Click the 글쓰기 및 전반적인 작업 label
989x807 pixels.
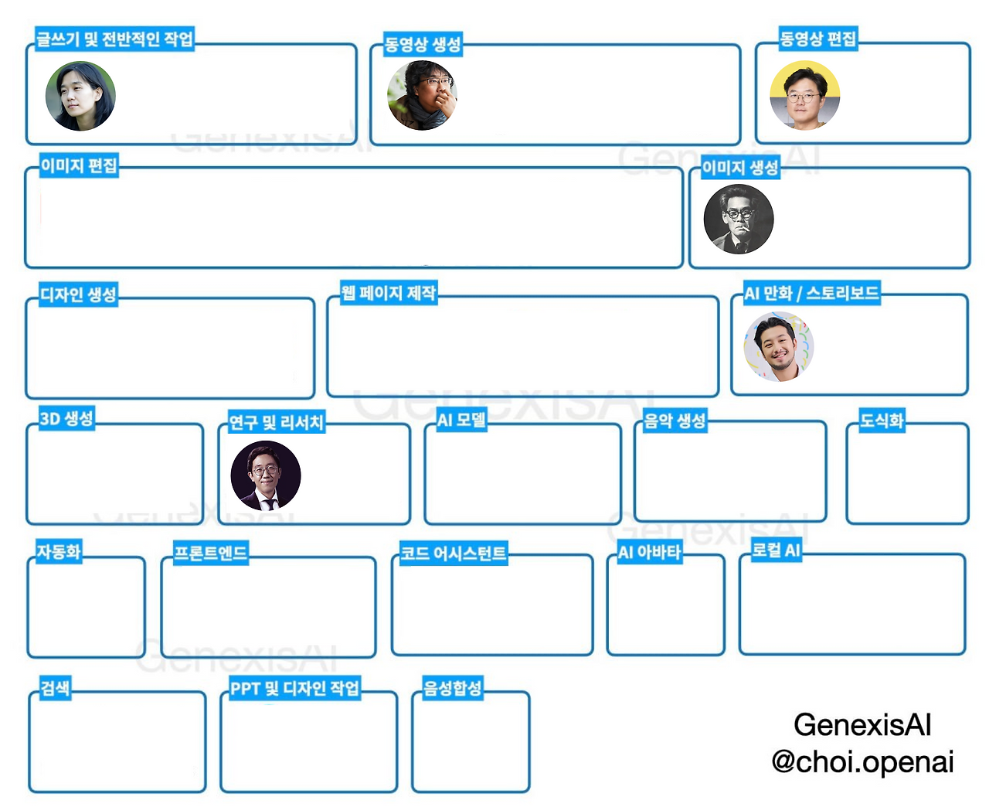(114, 39)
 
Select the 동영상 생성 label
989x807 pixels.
(423, 44)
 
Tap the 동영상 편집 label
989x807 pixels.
(818, 39)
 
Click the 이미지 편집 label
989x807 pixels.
(79, 165)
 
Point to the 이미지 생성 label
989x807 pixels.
(740, 168)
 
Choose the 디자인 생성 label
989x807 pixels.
(78, 295)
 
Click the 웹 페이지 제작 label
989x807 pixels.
(389, 293)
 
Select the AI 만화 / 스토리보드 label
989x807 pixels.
(811, 294)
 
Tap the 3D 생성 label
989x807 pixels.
(66, 419)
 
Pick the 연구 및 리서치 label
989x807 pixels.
(276, 422)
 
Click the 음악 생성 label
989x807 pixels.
(675, 421)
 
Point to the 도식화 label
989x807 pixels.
(882, 421)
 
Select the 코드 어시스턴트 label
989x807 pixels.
(453, 553)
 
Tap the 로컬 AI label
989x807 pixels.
(777, 550)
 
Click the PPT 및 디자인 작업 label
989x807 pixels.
(295, 688)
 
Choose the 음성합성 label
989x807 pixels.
(452, 688)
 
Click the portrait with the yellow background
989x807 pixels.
(804, 95)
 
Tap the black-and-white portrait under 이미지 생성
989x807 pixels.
(739, 219)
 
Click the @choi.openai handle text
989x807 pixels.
(862, 761)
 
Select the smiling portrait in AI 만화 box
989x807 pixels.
(778, 347)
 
